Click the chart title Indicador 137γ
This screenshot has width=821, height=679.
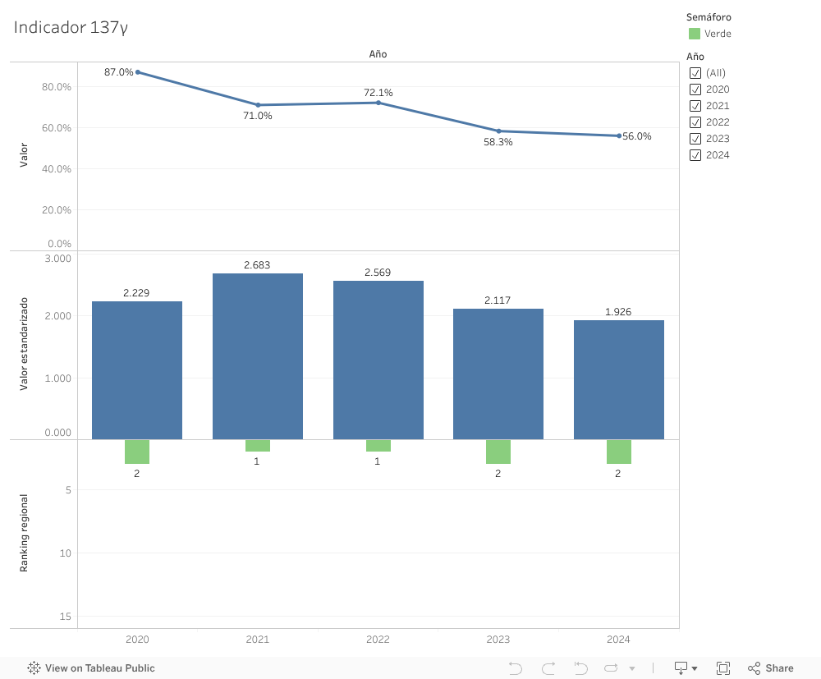click(x=71, y=27)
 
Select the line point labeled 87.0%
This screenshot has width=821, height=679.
click(x=137, y=72)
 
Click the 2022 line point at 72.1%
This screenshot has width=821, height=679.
click(x=378, y=103)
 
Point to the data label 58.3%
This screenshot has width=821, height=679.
click(x=498, y=142)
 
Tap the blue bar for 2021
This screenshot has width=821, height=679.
click(x=257, y=356)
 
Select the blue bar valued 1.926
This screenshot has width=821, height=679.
click(x=618, y=379)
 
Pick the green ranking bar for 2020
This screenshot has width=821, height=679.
click(x=137, y=452)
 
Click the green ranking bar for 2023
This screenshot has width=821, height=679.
click(x=498, y=452)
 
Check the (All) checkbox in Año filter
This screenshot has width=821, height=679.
click(x=695, y=73)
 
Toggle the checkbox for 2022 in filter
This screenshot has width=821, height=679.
click(x=695, y=122)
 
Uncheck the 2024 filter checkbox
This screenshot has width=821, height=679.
click(x=695, y=155)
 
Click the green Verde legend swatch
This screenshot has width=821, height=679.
click(x=695, y=34)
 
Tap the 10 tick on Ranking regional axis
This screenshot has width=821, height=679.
click(x=66, y=553)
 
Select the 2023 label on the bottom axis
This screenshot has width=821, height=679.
click(x=498, y=640)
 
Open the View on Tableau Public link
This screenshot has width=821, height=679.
click(x=91, y=668)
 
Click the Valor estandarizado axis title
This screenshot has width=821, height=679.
click(x=24, y=343)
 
